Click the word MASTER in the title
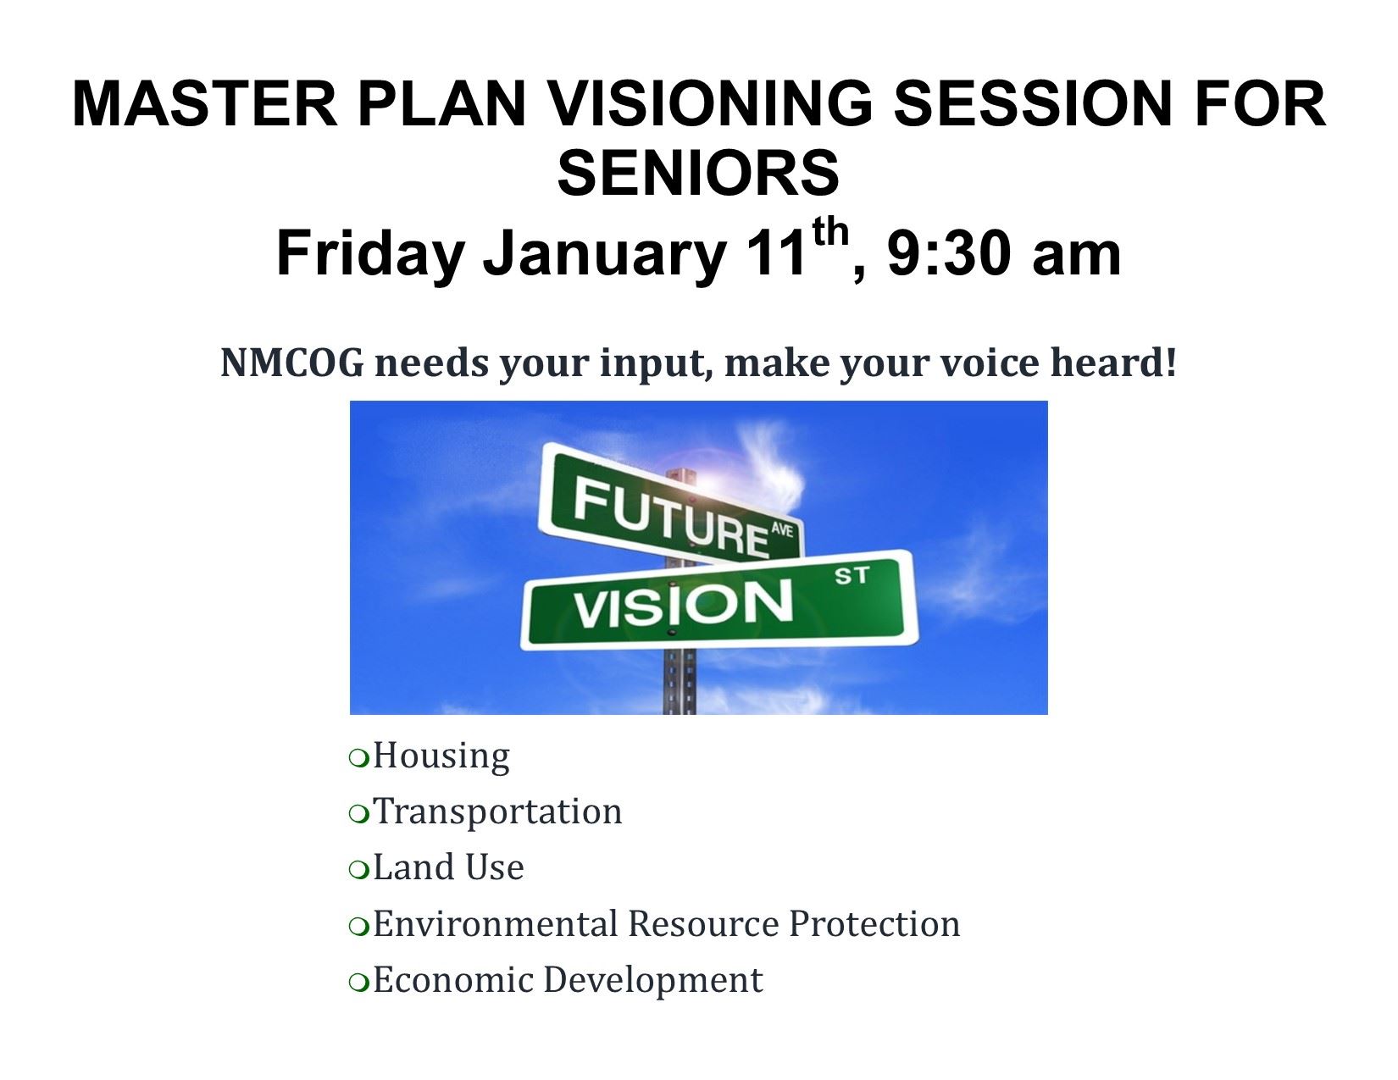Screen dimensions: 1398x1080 pyautogui.click(x=204, y=103)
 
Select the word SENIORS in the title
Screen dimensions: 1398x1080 pyautogui.click(x=698, y=173)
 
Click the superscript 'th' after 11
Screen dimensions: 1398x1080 pyautogui.click(x=830, y=232)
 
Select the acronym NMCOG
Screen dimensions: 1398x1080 pyautogui.click(x=291, y=363)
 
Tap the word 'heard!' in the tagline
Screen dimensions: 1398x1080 pyautogui.click(x=1113, y=362)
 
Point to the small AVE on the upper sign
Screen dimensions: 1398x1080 pyautogui.click(x=781, y=530)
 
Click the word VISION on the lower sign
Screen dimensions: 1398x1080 pyautogui.click(x=683, y=604)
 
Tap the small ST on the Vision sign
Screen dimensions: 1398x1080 pyautogui.click(x=852, y=576)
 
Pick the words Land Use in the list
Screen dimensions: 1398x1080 pyautogui.click(x=448, y=867)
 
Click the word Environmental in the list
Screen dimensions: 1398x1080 pyautogui.click(x=496, y=923)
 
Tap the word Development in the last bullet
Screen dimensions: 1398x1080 pyautogui.click(x=653, y=981)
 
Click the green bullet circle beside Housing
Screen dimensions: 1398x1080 pyautogui.click(x=359, y=758)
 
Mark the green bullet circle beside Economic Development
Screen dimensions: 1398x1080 pyautogui.click(x=359, y=983)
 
